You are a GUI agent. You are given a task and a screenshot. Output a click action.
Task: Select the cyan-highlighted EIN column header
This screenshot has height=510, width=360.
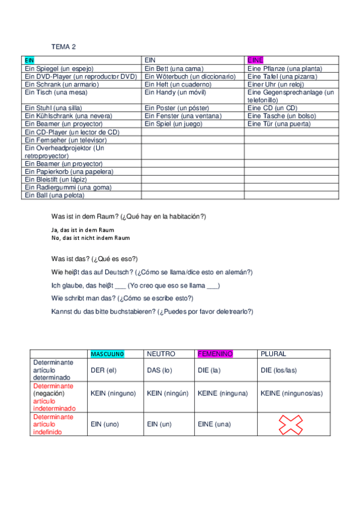pyautogui.click(x=29, y=60)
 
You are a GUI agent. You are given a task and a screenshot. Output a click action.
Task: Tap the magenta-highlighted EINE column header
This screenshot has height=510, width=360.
pyautogui.click(x=255, y=60)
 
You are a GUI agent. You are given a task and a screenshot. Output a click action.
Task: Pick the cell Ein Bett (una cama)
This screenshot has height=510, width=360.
pyautogui.click(x=174, y=69)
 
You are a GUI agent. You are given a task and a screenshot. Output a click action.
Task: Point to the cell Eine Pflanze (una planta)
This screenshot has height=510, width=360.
pyautogui.click(x=284, y=69)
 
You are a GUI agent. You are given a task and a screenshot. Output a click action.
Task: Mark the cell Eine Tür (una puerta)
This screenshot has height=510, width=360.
pyautogui.click(x=279, y=123)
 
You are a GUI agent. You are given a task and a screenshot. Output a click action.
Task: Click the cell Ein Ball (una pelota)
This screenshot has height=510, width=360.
pyautogui.click(x=55, y=195)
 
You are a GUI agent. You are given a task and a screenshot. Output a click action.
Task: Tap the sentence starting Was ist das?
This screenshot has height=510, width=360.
pyautogui.click(x=95, y=259)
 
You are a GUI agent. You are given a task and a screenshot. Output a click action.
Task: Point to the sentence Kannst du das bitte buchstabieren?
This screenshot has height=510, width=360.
pyautogui.click(x=153, y=312)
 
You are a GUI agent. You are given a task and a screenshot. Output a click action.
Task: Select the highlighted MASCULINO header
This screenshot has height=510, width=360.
pyautogui.click(x=108, y=354)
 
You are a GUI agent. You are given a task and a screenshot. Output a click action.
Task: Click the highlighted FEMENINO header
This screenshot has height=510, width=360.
pyautogui.click(x=215, y=354)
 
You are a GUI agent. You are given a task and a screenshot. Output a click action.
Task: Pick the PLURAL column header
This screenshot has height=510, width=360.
pyautogui.click(x=273, y=354)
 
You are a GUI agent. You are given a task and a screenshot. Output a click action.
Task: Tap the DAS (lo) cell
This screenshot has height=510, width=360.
pyautogui.click(x=159, y=370)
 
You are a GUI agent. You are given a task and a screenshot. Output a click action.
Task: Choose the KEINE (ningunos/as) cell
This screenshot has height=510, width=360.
pyautogui.click(x=292, y=393)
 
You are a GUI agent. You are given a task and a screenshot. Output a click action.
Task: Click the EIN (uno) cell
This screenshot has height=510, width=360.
pyautogui.click(x=105, y=424)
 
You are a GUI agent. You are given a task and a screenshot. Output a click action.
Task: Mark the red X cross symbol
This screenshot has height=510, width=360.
pyautogui.click(x=290, y=425)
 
